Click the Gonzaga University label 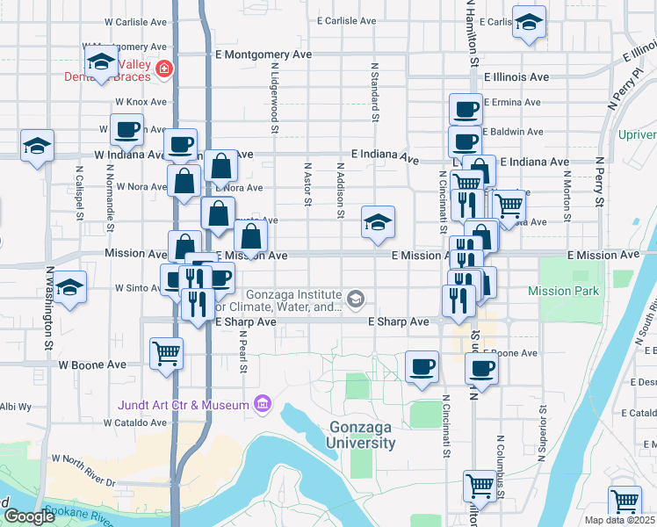point(362,435)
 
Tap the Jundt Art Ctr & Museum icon point(262,404)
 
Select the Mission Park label point(562,291)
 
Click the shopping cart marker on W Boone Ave point(166,354)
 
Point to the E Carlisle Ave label point(347,20)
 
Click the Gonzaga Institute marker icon point(355,300)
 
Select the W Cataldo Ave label point(134,422)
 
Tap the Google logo point(29,516)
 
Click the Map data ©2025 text point(619,520)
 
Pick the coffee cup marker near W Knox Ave point(126,130)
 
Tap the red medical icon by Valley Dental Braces point(162,69)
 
